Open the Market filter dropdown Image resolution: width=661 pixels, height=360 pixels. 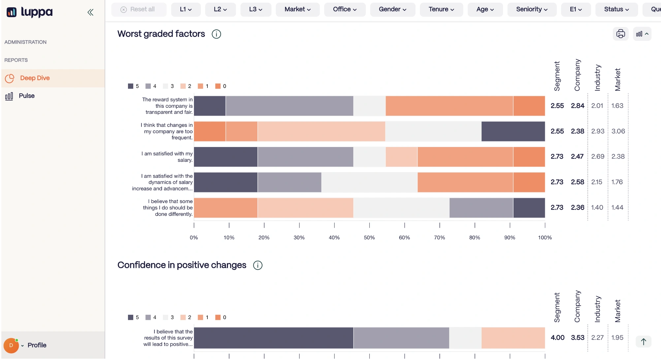[x=298, y=10]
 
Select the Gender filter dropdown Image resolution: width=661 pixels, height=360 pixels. [x=393, y=10]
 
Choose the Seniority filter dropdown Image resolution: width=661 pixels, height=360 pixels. [x=532, y=10]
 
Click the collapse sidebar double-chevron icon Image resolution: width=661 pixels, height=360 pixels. [x=90, y=13]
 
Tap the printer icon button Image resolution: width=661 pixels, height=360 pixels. [x=620, y=34]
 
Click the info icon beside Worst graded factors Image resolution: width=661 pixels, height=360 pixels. [x=216, y=34]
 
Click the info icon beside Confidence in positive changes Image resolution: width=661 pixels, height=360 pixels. [x=258, y=265]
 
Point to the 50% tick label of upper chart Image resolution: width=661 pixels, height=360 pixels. [x=369, y=238]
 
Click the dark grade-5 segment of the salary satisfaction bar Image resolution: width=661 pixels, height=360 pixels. [x=226, y=157]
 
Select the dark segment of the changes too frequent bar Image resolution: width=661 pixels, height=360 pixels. [x=513, y=132]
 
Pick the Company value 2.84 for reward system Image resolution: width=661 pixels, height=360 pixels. [x=578, y=106]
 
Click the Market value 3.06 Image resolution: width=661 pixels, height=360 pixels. [x=618, y=131]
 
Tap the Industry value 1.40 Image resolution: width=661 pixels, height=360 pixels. [x=597, y=208]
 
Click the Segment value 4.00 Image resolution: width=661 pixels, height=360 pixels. [x=557, y=338]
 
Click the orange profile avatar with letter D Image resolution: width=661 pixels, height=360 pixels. [x=11, y=345]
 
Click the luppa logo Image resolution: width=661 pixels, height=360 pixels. [x=29, y=12]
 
